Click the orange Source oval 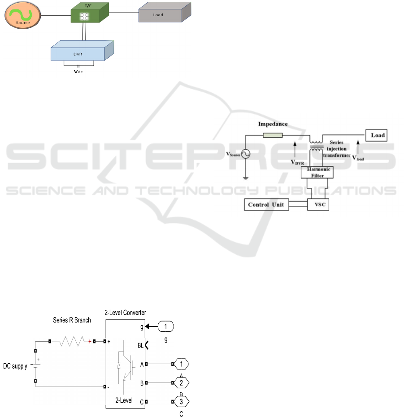22,17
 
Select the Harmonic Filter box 321,172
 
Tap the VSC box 321,204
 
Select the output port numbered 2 181,383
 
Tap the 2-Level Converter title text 125,313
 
